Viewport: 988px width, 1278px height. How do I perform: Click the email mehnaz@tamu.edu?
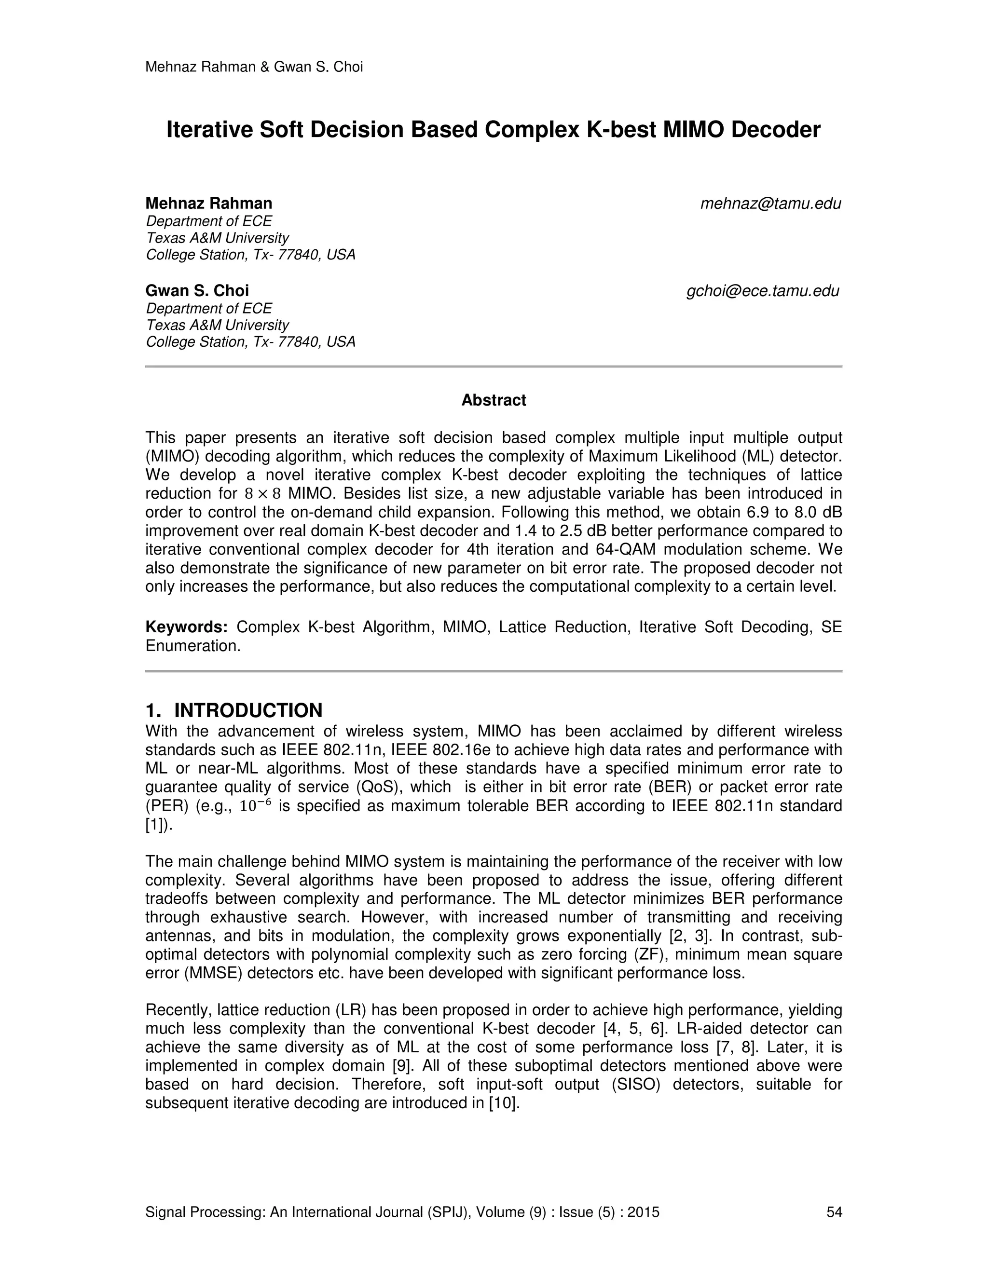(770, 204)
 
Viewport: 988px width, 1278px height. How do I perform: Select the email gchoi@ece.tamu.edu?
(763, 291)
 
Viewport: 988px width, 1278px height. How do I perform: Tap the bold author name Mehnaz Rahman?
(208, 204)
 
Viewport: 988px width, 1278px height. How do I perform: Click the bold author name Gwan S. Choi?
(197, 291)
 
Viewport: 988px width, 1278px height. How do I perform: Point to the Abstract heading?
(494, 400)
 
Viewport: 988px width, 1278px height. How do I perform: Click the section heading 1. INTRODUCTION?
(233, 710)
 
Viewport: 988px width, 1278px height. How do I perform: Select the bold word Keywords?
(186, 627)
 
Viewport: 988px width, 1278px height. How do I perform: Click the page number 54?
(834, 1212)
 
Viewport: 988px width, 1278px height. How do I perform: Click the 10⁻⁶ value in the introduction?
(256, 806)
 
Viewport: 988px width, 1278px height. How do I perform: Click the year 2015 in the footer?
(643, 1212)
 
